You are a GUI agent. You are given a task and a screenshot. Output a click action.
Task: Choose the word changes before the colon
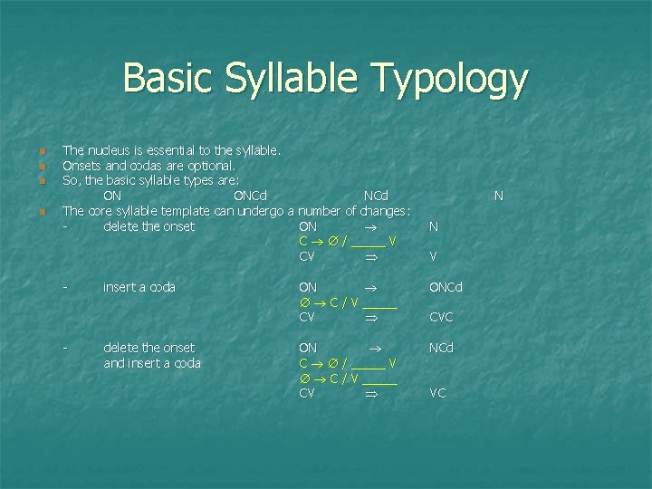383,211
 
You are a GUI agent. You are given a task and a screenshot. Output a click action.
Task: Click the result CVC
441,318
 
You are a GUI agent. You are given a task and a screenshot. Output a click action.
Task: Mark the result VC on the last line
437,394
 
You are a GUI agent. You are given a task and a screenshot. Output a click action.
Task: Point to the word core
98,211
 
